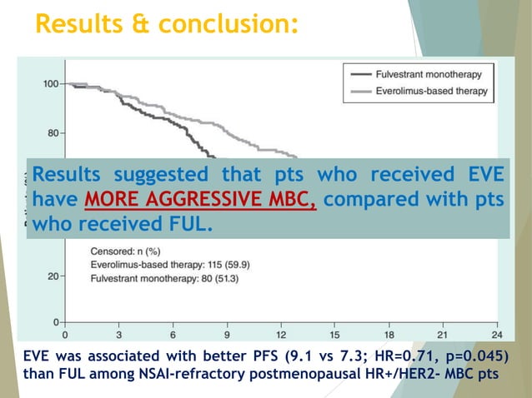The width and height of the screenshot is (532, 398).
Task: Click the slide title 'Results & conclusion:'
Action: pyautogui.click(x=166, y=24)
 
